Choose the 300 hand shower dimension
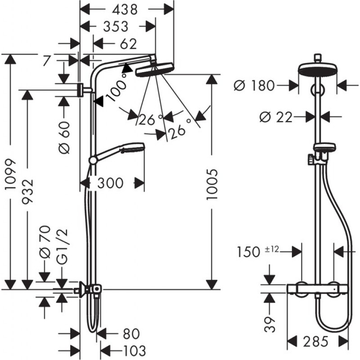click(x=110, y=183)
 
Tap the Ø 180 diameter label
click(x=255, y=85)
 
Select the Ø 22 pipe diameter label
click(x=275, y=117)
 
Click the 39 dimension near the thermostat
click(x=269, y=322)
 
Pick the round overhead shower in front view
click(x=318, y=69)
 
